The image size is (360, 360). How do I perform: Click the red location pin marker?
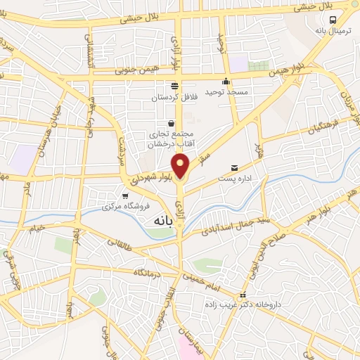(x=181, y=166)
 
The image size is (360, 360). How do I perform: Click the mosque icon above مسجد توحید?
(x=226, y=81)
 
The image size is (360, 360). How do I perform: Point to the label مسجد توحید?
(x=224, y=92)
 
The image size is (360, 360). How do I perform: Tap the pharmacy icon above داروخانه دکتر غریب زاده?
(x=243, y=295)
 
